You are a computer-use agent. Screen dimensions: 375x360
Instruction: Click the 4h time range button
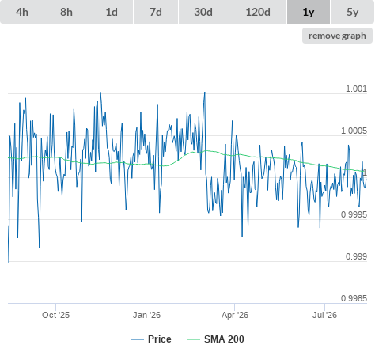tap(22, 12)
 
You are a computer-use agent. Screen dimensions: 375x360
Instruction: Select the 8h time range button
tap(66, 12)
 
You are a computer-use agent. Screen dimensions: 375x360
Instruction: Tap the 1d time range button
tap(112, 12)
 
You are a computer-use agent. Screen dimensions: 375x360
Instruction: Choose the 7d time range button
tap(156, 12)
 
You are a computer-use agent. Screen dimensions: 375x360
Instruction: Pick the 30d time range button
tap(203, 12)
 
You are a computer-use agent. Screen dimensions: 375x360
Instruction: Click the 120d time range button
tap(258, 12)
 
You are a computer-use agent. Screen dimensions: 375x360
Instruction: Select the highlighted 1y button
tap(309, 12)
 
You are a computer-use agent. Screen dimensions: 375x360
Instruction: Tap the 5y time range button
tap(353, 12)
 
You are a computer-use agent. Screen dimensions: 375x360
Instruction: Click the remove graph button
tap(337, 36)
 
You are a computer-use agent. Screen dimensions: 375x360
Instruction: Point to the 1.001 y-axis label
tap(356, 89)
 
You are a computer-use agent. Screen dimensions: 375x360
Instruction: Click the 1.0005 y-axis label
tap(354, 131)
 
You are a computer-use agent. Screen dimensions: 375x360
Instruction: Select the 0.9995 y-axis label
tap(354, 214)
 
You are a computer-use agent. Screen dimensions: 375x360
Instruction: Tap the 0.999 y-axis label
tap(356, 256)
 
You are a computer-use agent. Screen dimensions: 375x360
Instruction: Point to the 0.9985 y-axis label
tap(354, 298)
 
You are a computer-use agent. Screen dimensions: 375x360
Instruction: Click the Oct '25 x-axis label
tap(55, 315)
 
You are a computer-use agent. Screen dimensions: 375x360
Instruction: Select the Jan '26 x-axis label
tap(146, 315)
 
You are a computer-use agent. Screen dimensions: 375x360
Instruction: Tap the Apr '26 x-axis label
tap(235, 315)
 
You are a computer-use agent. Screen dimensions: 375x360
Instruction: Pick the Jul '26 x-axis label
tap(324, 315)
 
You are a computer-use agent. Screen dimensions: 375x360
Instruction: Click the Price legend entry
tap(151, 339)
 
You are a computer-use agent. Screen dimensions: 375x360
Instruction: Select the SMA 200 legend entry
tap(216, 339)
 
